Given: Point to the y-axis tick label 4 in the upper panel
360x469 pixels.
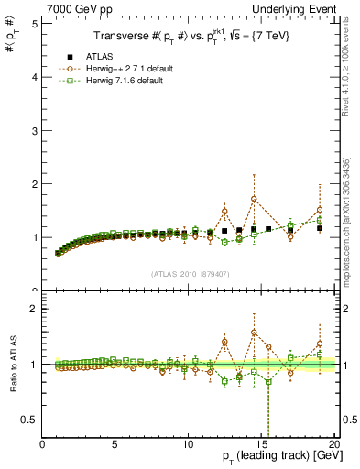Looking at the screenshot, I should coord(34,77).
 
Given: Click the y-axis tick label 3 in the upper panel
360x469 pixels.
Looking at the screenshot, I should coord(34,130).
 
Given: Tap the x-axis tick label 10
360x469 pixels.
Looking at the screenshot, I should coord(188,444).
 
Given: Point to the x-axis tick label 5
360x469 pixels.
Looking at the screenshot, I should coord(115,444).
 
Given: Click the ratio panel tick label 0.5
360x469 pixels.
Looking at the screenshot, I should coord(30,420).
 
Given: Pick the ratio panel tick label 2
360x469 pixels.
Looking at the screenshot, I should coord(34,309).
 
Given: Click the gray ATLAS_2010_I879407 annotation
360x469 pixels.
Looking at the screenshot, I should coord(189,275).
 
